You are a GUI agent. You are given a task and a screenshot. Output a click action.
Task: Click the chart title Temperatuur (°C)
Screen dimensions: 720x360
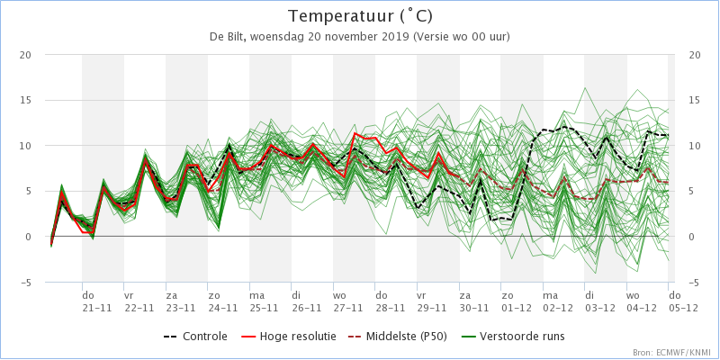click(360, 16)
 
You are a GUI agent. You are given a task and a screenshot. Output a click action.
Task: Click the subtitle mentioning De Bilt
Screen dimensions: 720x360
click(360, 37)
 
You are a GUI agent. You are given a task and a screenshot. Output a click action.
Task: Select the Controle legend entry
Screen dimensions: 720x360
click(195, 337)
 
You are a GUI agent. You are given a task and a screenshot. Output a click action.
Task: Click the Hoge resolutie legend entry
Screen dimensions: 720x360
click(288, 337)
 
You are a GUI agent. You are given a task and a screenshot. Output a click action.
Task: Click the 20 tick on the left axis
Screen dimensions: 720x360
click(25, 55)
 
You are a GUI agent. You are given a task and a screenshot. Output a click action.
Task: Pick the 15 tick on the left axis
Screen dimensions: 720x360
click(25, 100)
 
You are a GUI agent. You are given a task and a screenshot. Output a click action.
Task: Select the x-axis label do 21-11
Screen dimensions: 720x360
click(97, 301)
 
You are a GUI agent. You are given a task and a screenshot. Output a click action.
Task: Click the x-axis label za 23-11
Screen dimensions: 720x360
click(181, 301)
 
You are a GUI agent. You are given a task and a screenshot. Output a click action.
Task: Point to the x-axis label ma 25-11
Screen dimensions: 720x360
click(265, 301)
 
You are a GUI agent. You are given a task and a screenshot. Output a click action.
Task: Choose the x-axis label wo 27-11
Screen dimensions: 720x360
click(348, 301)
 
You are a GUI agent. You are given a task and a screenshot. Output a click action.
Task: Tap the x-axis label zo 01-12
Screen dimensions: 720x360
click(516, 301)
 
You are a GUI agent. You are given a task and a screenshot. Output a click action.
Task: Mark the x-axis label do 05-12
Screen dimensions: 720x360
click(683, 301)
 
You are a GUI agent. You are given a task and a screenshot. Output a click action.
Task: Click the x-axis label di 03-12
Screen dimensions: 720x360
click(599, 301)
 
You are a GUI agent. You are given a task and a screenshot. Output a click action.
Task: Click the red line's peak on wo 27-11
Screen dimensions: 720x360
click(355, 133)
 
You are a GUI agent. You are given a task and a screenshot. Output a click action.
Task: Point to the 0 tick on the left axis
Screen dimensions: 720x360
click(28, 237)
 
